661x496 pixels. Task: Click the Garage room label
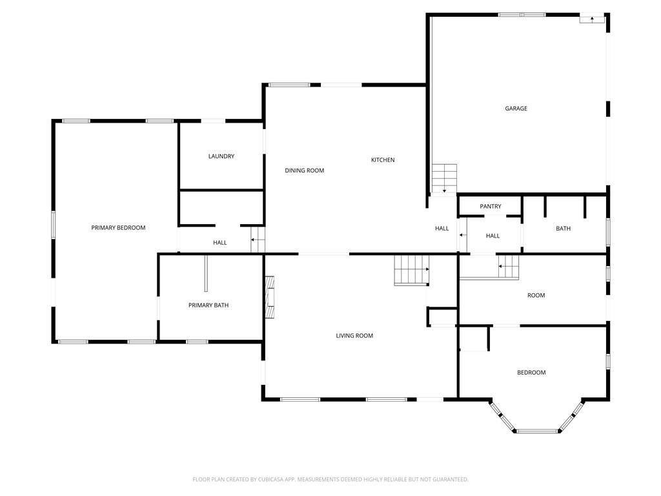tap(516, 108)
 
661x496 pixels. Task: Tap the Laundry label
tap(221, 156)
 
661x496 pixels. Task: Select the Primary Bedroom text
tap(118, 227)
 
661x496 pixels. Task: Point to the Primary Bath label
tap(208, 305)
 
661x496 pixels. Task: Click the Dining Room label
tap(305, 170)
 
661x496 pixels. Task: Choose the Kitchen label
tap(383, 160)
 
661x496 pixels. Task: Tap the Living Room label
tap(354, 335)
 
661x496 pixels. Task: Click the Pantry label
tap(491, 206)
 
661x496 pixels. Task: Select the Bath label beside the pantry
tap(563, 228)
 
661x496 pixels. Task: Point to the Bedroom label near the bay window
tap(531, 372)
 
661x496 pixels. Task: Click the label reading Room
tap(536, 295)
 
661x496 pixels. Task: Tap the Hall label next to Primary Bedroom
tap(220, 243)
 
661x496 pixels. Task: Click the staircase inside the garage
tap(444, 178)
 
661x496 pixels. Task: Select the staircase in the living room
tap(412, 269)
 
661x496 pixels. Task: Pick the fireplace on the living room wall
tap(270, 296)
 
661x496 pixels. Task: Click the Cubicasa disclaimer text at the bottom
tap(330, 479)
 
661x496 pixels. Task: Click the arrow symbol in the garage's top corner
tap(591, 19)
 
